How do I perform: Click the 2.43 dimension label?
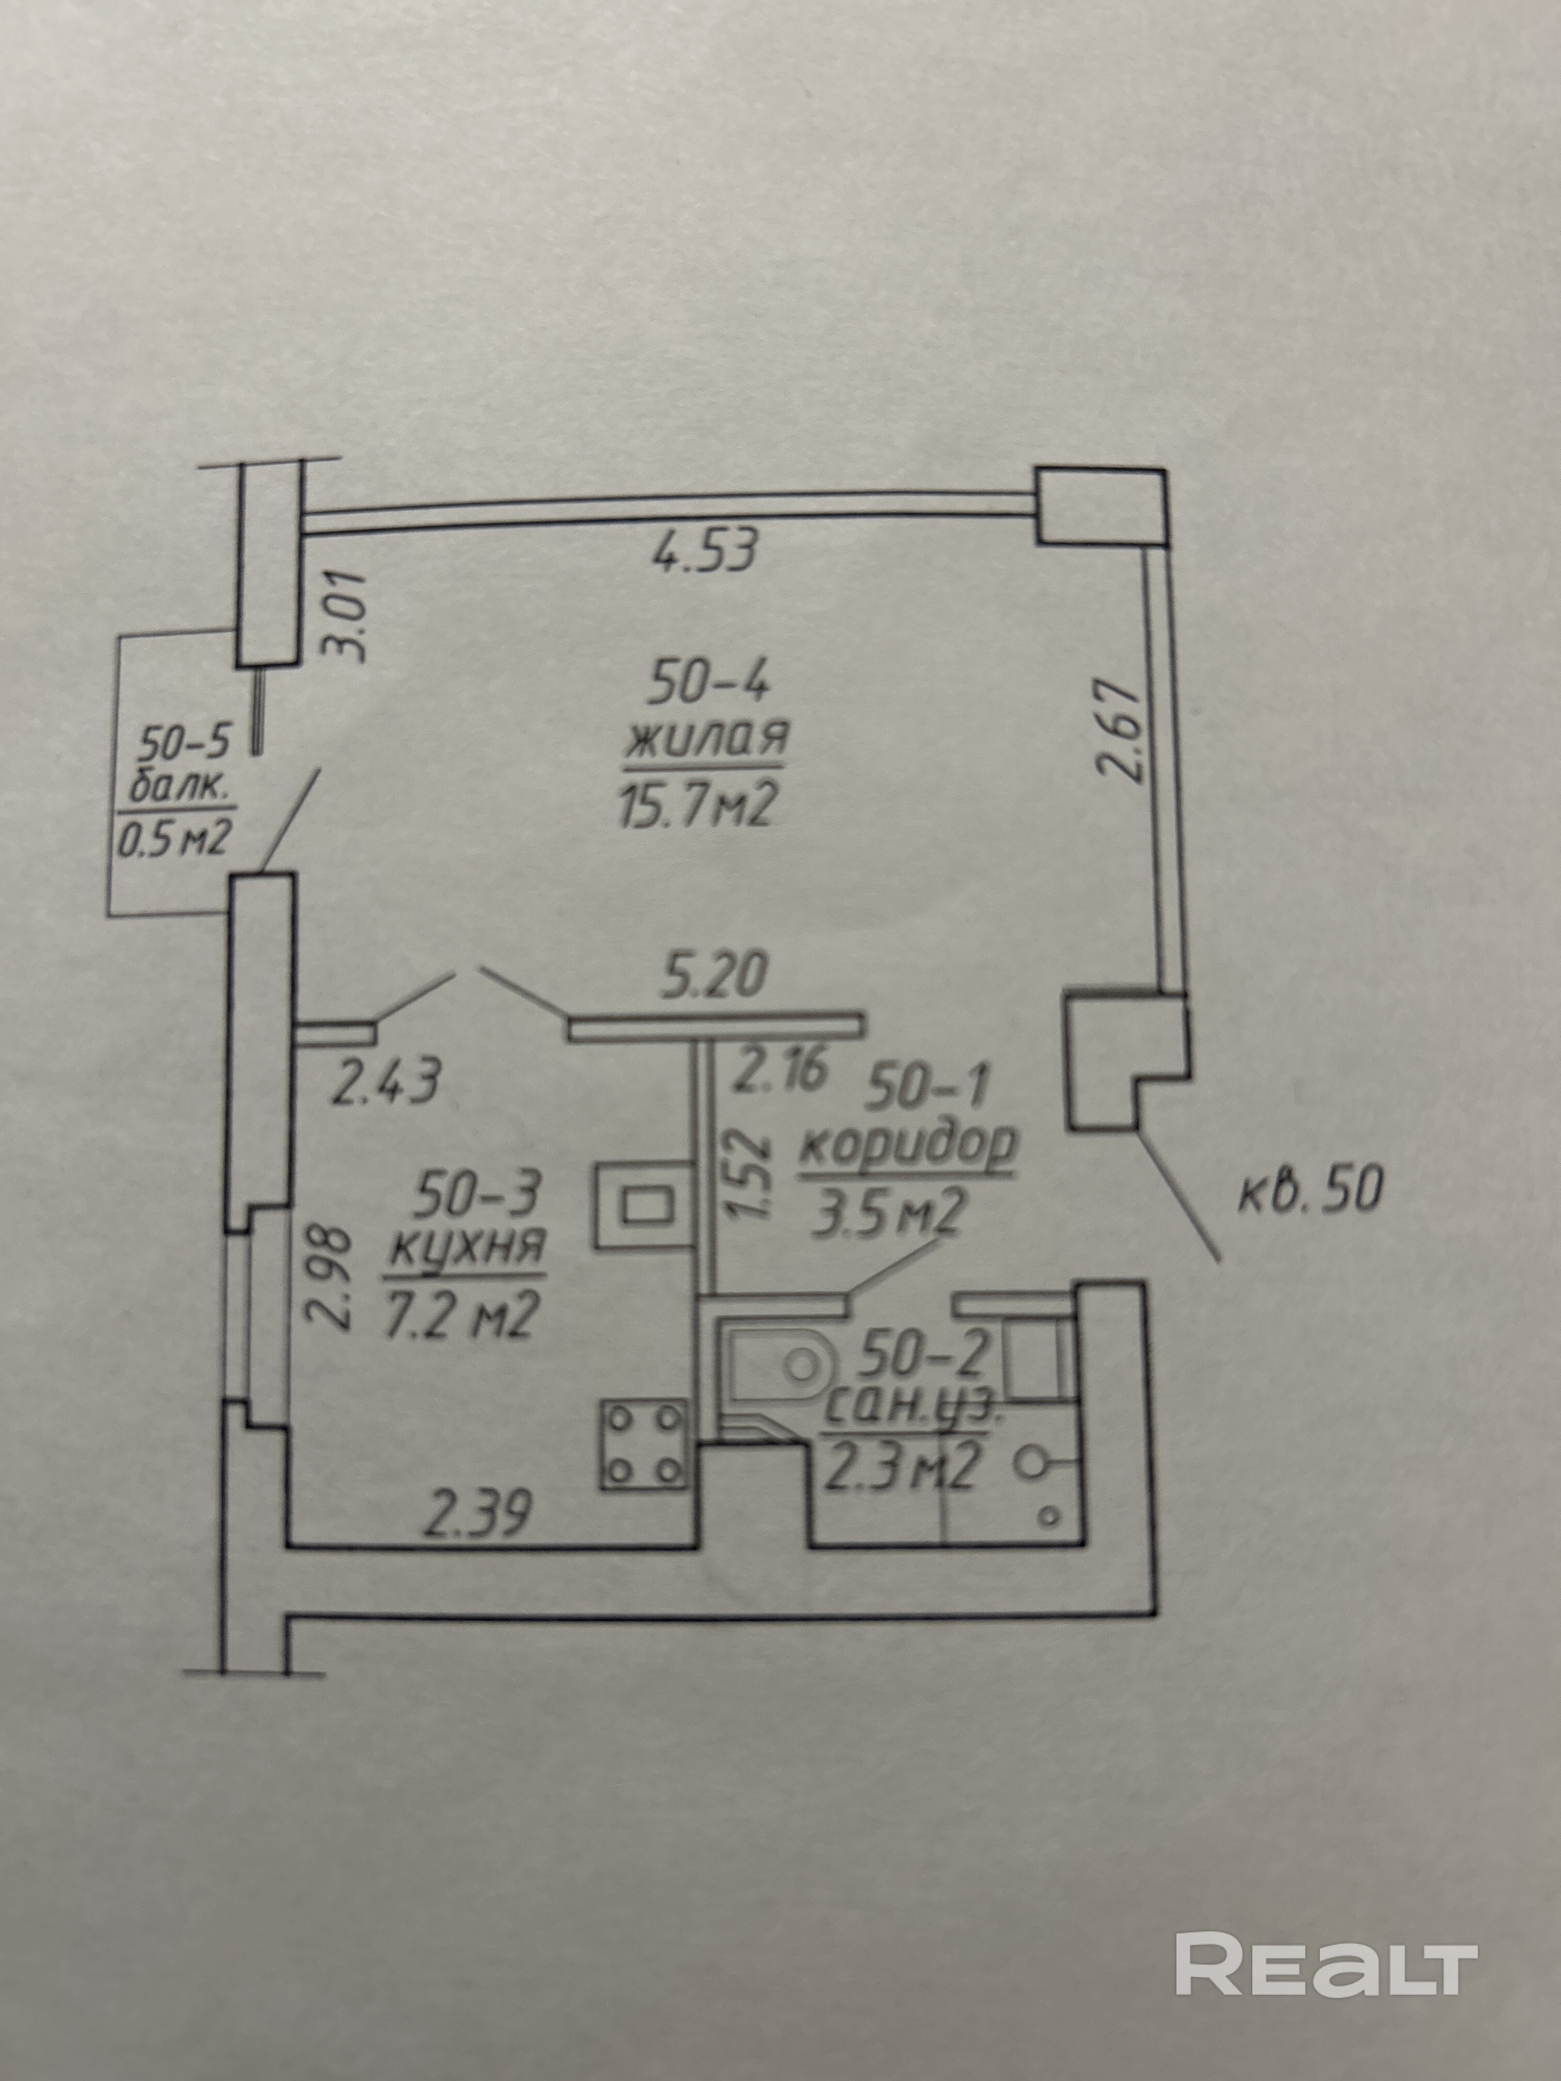click(x=384, y=1082)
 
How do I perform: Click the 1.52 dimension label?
click(x=752, y=1173)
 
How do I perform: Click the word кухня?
click(x=467, y=1250)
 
